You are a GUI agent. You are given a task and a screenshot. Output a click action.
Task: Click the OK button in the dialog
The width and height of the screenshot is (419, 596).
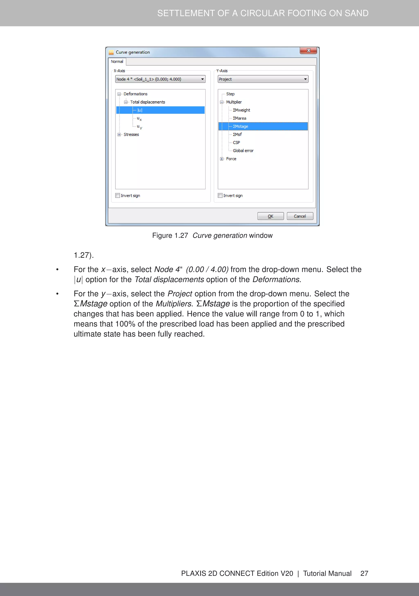click(x=270, y=216)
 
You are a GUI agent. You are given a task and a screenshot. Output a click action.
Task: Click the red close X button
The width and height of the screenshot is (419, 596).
click(x=308, y=50)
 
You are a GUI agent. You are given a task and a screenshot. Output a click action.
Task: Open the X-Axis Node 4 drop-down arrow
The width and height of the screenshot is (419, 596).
click(x=203, y=79)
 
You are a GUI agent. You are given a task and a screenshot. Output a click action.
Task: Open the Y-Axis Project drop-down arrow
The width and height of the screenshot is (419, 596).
click(x=305, y=79)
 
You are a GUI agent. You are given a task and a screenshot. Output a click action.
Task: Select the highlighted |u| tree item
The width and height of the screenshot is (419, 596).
click(x=140, y=110)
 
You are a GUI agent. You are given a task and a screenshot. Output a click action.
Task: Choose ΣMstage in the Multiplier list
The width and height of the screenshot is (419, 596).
click(x=240, y=126)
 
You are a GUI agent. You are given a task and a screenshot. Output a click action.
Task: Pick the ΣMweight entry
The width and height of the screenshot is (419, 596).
click(x=241, y=110)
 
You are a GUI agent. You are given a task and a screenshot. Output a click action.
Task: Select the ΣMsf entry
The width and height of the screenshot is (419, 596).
click(x=237, y=134)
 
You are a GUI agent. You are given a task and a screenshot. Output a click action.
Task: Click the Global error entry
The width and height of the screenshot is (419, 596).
click(x=243, y=151)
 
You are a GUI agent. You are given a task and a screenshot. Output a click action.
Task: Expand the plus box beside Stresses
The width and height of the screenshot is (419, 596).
click(x=119, y=134)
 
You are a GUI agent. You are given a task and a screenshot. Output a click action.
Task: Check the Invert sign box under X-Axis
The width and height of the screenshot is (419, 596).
click(x=118, y=195)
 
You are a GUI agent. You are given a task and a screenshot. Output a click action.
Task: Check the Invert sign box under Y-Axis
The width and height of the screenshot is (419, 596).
click(x=220, y=195)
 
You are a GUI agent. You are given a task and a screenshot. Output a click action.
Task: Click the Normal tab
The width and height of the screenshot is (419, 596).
click(x=117, y=61)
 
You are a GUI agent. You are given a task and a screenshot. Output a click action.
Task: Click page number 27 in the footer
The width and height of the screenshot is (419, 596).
click(x=364, y=573)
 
